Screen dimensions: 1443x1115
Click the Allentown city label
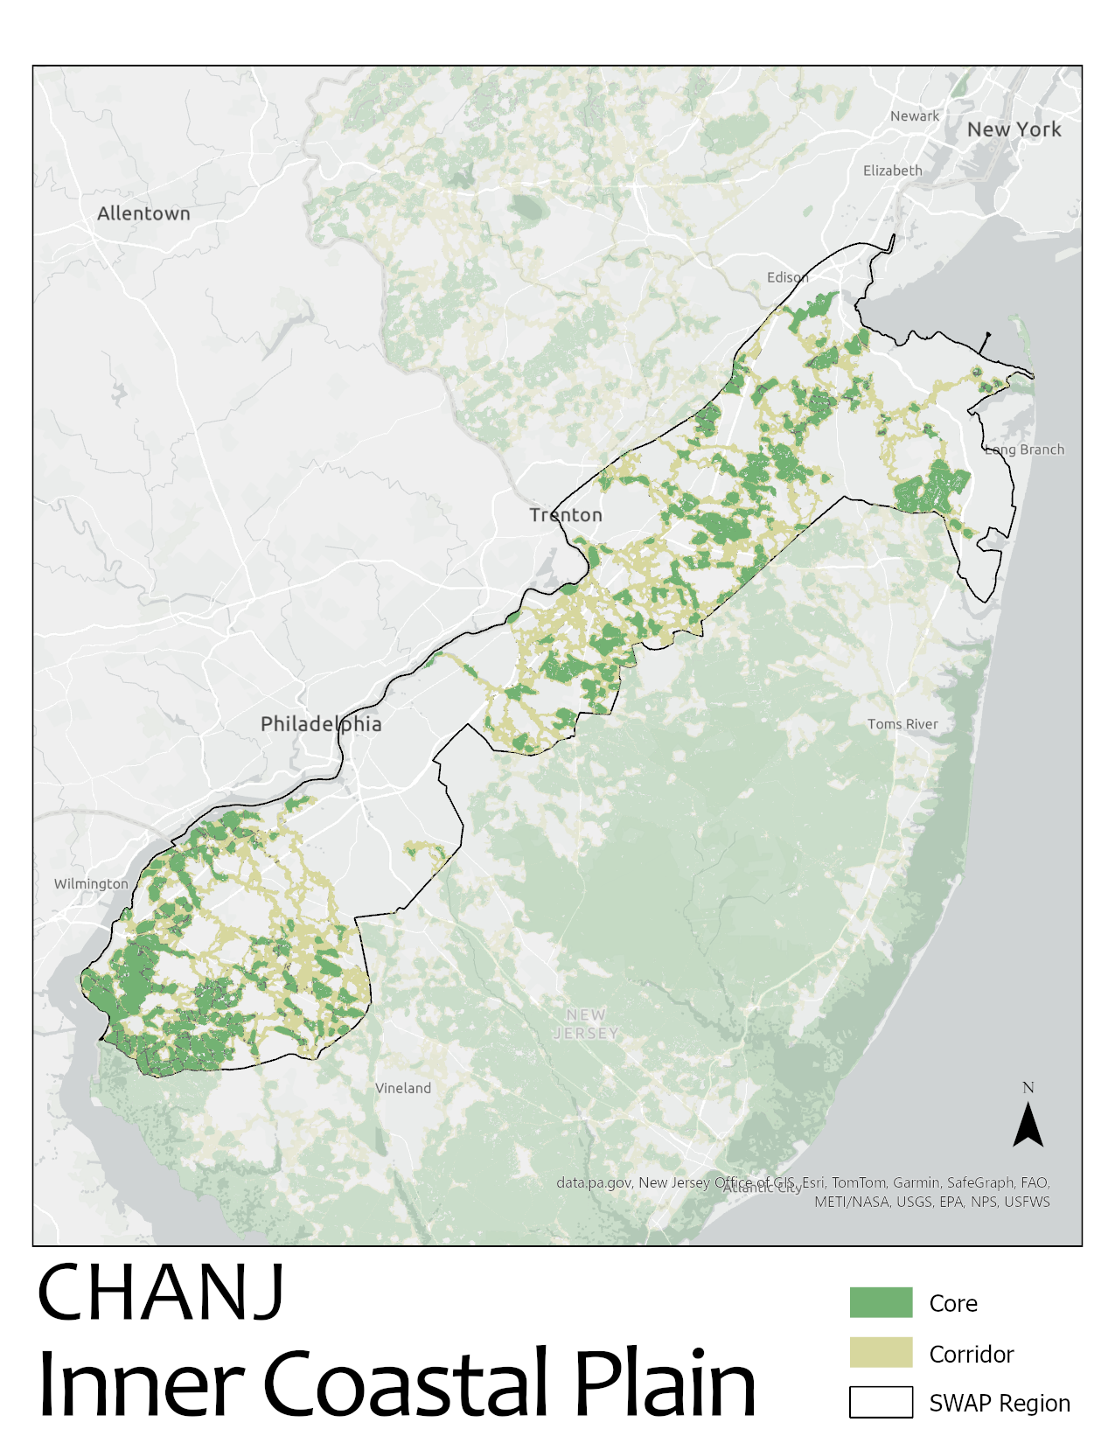[143, 213]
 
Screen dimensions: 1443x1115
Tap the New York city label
[1014, 129]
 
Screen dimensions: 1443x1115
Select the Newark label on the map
[914, 116]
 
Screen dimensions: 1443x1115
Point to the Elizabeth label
[892, 171]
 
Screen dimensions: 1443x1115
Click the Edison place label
[787, 277]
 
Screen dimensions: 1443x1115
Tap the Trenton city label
[566, 515]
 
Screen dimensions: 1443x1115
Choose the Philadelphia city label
[321, 724]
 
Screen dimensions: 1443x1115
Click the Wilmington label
[91, 884]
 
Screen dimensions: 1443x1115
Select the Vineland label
[403, 1088]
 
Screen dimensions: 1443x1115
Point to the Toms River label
[902, 724]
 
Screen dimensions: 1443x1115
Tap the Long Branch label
[1025, 450]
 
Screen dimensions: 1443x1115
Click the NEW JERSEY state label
[586, 1024]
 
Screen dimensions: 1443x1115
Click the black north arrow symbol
[1028, 1126]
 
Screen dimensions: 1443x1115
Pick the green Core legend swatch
[881, 1302]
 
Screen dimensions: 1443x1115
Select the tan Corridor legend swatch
[881, 1352]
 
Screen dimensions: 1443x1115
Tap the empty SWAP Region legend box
[881, 1402]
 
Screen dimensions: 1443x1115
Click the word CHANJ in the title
[161, 1293]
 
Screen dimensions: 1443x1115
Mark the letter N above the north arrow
[1028, 1088]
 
